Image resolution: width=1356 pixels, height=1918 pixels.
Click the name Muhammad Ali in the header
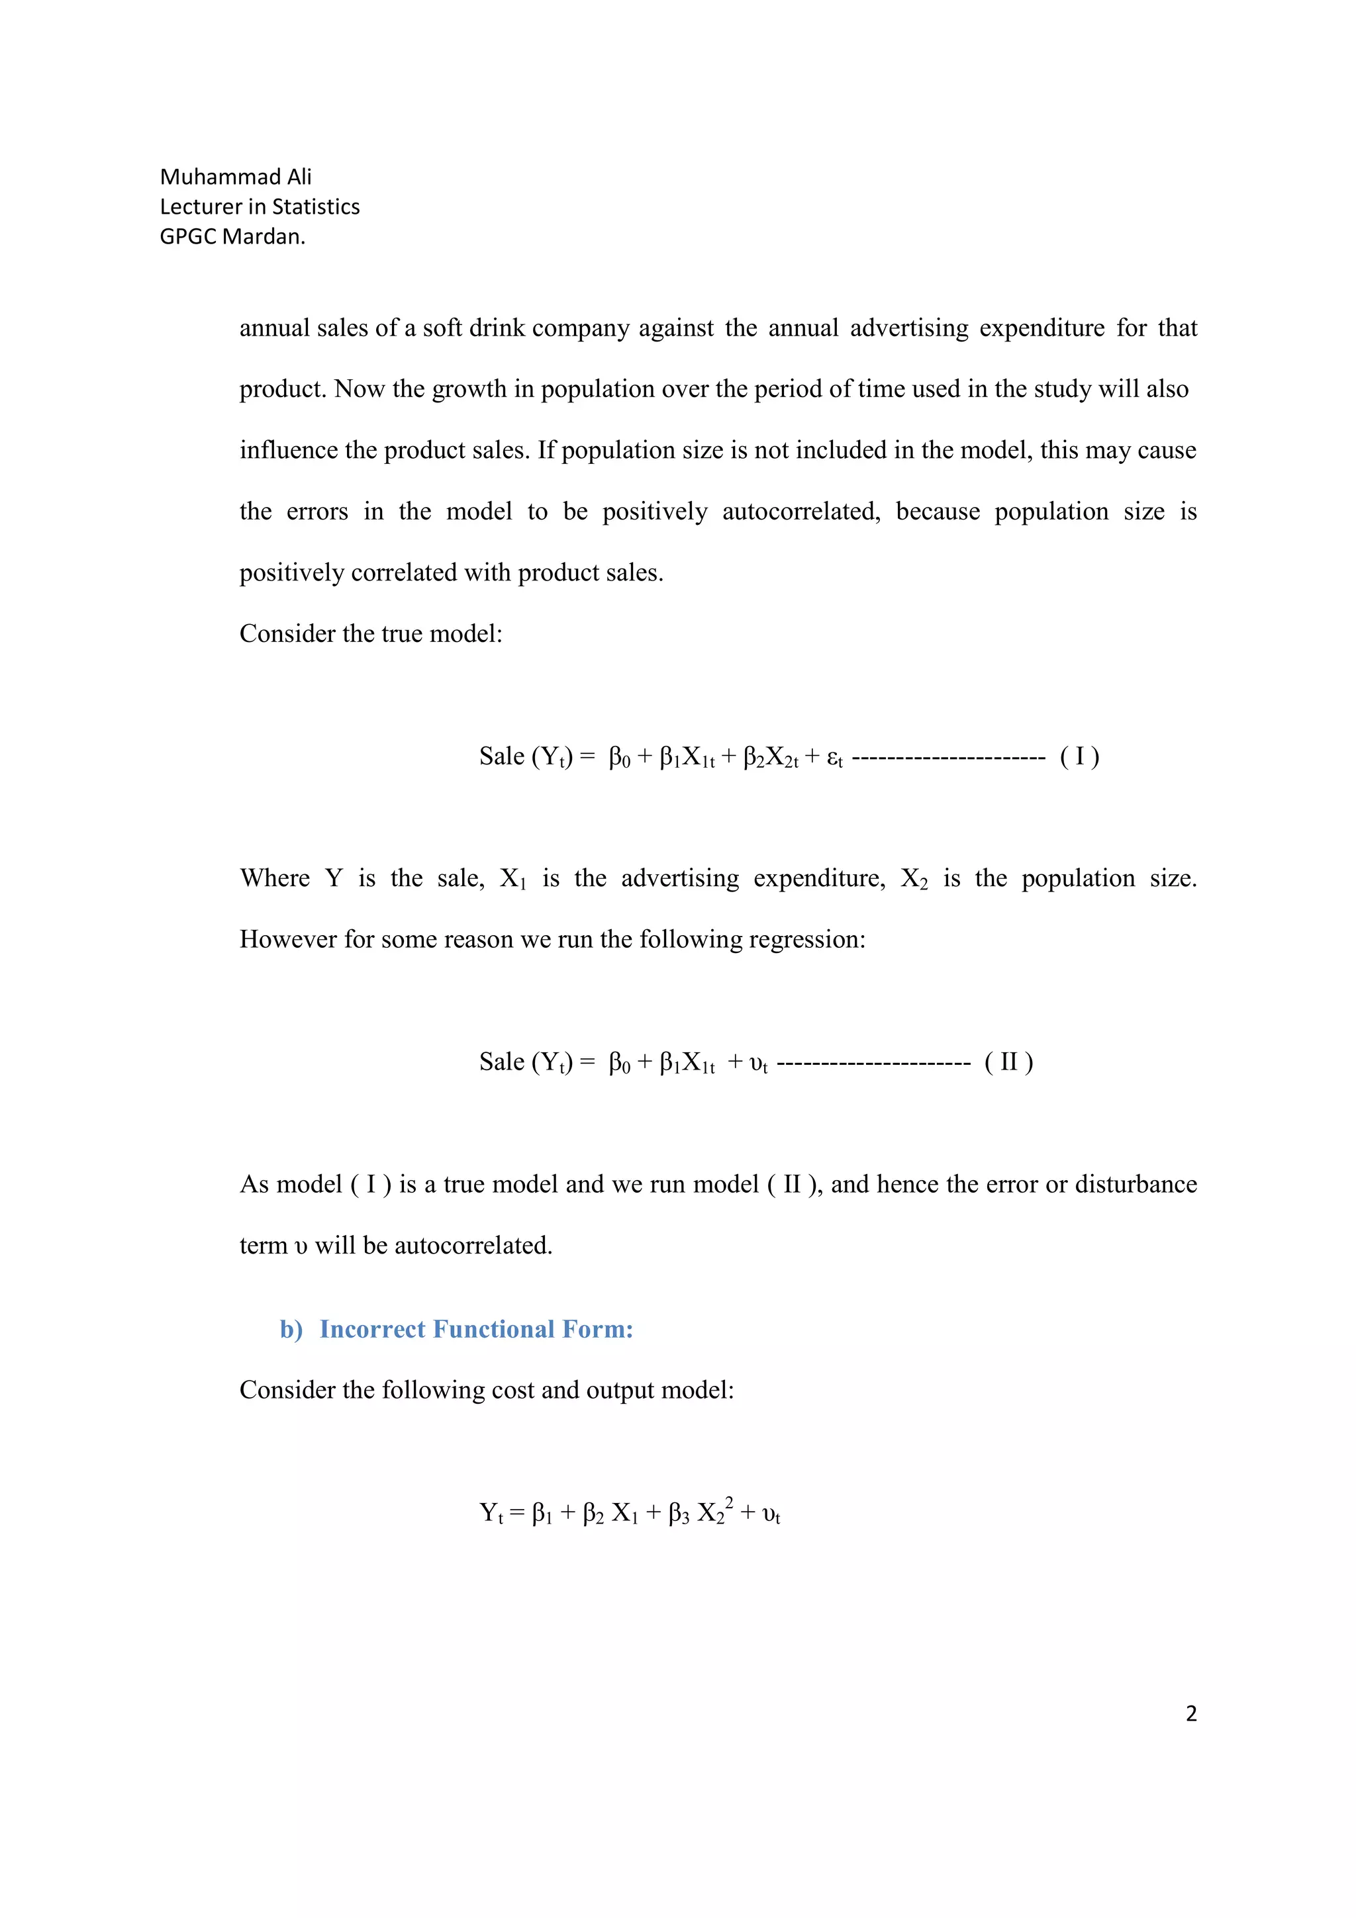[x=235, y=177]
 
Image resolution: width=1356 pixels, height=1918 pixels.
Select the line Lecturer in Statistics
[x=259, y=206]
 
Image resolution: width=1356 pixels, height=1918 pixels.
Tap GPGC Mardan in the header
[x=232, y=236]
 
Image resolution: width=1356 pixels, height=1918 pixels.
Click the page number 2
[x=1190, y=1713]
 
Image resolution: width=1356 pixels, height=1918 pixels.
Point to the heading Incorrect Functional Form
[x=475, y=1328]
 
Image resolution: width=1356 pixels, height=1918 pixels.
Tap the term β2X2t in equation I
[x=770, y=758]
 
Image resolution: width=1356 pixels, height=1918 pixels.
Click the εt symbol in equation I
[x=834, y=758]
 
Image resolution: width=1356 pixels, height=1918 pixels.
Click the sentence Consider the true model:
[x=371, y=633]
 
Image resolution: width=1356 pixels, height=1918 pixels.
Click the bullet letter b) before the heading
[x=291, y=1328]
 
